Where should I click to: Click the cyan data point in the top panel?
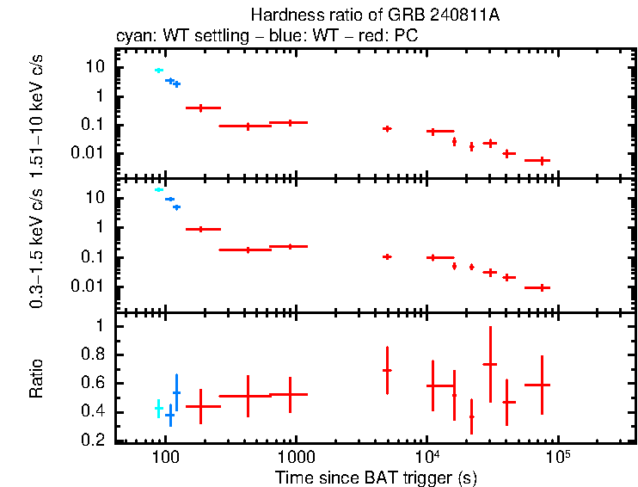158,70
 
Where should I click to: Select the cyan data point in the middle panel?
158,189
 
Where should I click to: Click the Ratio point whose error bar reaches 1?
490,364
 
